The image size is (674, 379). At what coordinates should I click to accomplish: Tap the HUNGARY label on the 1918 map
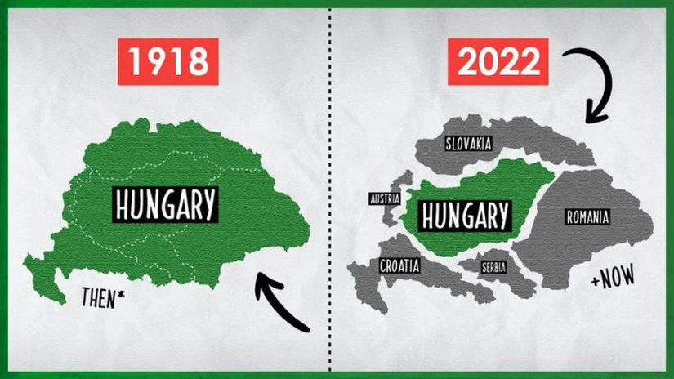point(166,204)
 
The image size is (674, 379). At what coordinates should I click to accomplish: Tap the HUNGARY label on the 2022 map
point(463,216)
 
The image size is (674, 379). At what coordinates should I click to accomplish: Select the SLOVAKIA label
point(469,144)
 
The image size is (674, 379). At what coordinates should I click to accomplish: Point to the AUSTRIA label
point(385,198)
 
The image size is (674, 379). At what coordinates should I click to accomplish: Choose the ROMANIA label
point(587,217)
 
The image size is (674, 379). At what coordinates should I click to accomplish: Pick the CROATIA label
point(399,265)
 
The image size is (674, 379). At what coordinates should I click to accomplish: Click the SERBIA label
point(493,267)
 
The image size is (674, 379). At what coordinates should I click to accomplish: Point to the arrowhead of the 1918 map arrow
point(263,282)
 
